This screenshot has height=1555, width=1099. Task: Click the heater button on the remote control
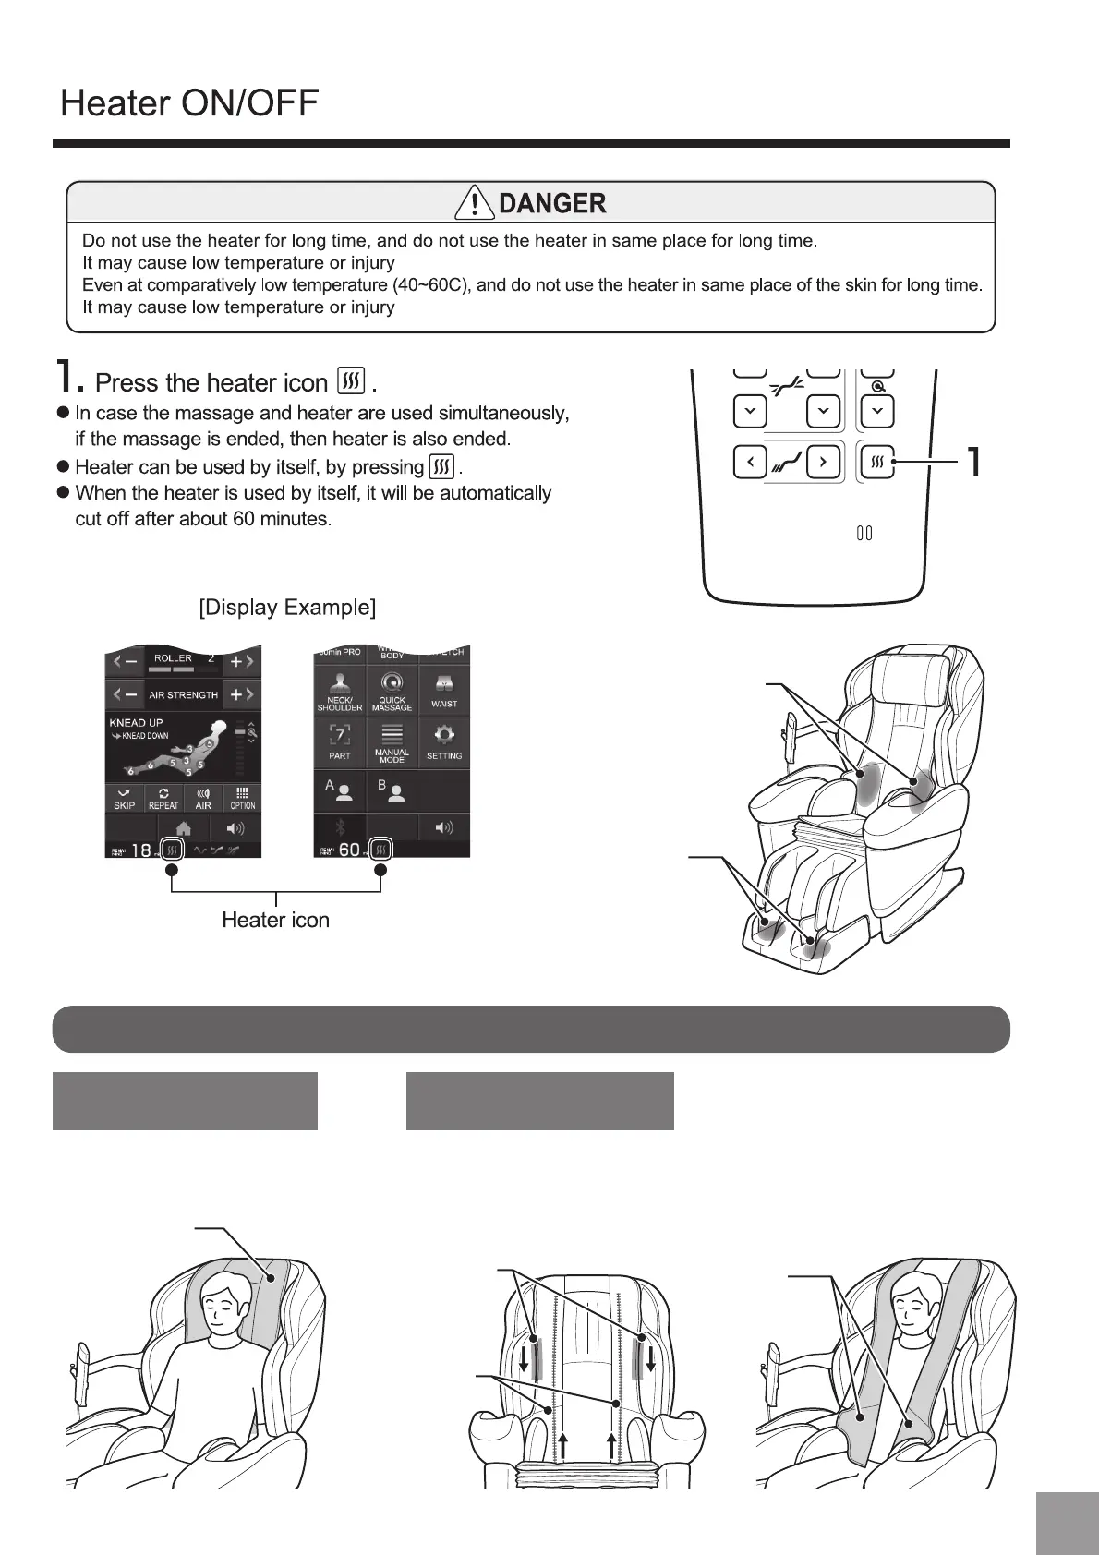point(878,461)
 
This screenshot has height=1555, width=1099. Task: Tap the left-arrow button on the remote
point(749,461)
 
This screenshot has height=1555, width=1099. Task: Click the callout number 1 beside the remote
point(972,461)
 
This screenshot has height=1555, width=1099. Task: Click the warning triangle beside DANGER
point(475,202)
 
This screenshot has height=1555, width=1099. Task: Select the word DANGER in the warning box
point(552,203)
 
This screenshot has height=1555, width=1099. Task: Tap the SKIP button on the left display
point(124,799)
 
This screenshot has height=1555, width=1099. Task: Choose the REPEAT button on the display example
point(163,799)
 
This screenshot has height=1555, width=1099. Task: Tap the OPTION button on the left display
point(242,799)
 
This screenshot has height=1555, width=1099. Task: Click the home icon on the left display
point(183,827)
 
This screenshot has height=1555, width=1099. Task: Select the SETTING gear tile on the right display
point(444,741)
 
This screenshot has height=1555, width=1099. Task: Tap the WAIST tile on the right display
point(444,690)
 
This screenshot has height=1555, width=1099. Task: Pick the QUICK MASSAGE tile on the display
point(392,690)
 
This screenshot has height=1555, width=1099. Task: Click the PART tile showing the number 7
point(340,741)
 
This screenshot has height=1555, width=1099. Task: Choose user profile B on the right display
point(392,790)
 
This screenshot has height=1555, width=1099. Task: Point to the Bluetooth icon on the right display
point(340,827)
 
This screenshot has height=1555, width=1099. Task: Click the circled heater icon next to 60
point(380,850)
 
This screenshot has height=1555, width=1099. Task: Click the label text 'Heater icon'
point(275,920)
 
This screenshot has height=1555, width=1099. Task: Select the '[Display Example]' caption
point(287,608)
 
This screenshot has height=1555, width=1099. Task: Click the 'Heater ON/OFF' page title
point(189,102)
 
